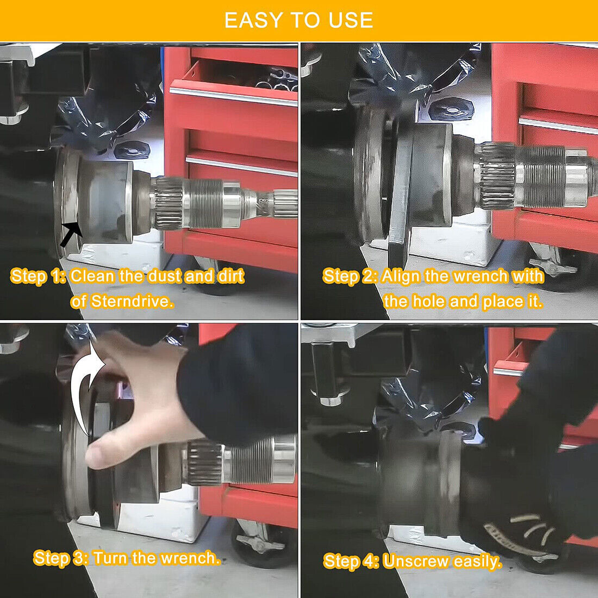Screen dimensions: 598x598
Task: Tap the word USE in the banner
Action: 351,21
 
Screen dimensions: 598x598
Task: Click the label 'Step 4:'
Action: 351,561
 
